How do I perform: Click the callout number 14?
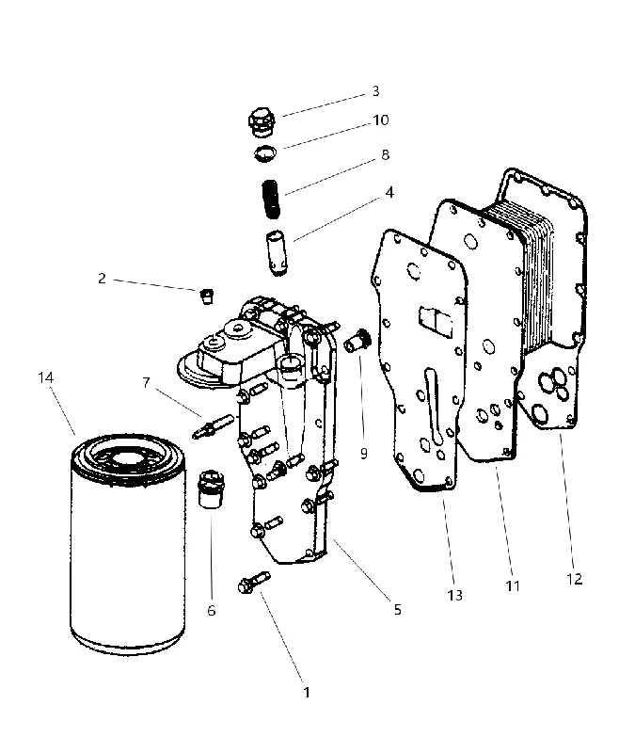pos(45,378)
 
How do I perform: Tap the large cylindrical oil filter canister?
pos(128,545)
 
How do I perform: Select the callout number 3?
pos(375,91)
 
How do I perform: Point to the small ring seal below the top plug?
pos(265,153)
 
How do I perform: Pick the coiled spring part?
pos(272,199)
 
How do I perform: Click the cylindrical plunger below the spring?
pos(277,253)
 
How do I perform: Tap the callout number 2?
pos(102,278)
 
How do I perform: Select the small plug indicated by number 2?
pos(206,296)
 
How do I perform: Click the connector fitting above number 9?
pos(357,340)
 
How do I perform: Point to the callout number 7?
pos(147,383)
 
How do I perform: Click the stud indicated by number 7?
pos(213,426)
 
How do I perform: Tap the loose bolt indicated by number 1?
pos(254,581)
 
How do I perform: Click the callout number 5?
pos(397,609)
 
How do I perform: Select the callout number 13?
pos(455,596)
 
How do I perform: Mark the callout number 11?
pos(513,585)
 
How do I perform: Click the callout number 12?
pos(575,579)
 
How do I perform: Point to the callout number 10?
pos(381,120)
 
